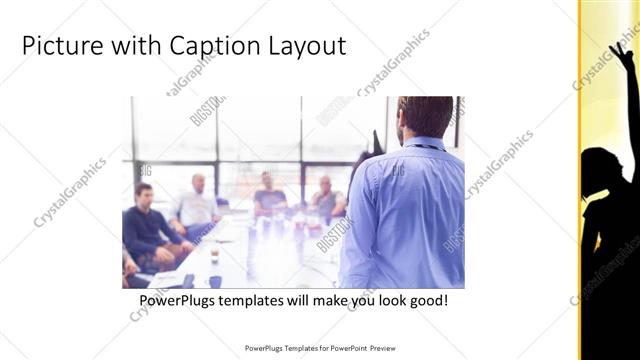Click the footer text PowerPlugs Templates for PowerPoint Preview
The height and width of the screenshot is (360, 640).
(319, 348)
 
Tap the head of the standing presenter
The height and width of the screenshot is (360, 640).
(424, 118)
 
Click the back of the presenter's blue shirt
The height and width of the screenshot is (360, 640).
(405, 210)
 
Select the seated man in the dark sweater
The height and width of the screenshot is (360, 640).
(148, 225)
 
